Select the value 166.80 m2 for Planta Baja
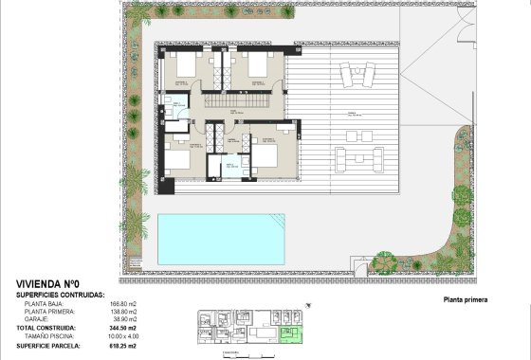[x=123, y=303]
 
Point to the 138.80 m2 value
[x=123, y=312]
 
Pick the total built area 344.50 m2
[x=123, y=329]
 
